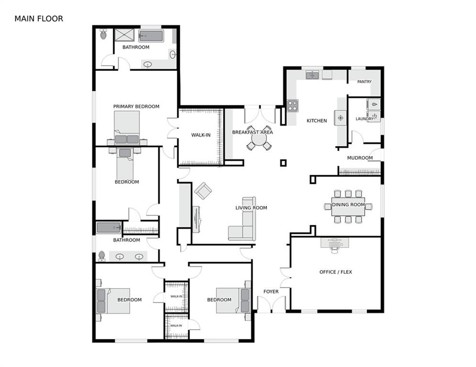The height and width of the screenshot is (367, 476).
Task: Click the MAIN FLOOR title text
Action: pos(39,19)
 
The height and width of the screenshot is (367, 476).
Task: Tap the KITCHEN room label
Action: pos(317,121)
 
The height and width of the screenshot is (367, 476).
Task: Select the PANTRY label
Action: pos(364,82)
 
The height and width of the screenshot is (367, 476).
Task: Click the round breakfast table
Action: pos(259,140)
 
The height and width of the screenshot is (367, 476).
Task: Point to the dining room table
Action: pos(348,205)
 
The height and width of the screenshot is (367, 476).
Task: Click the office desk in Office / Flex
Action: pos(334,243)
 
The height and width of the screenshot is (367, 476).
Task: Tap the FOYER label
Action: pos(271,291)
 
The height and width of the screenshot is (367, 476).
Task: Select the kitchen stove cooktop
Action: pos(293,106)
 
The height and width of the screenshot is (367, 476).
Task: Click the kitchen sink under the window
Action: pos(313,75)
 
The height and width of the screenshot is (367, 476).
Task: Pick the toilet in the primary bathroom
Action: pos(103,35)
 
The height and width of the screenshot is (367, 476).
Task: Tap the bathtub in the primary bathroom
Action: pos(151,36)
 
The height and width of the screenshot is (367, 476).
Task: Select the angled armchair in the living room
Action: pos(203,191)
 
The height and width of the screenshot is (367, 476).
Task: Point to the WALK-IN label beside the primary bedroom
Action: pos(201,135)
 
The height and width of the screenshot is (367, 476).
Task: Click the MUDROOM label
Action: pos(360,158)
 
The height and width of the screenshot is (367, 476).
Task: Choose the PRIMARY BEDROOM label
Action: pos(136,107)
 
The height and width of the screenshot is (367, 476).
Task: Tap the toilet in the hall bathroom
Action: pos(101,256)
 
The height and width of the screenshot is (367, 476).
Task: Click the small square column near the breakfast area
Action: pos(283,163)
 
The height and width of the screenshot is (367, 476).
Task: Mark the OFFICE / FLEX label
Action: pos(336,272)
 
